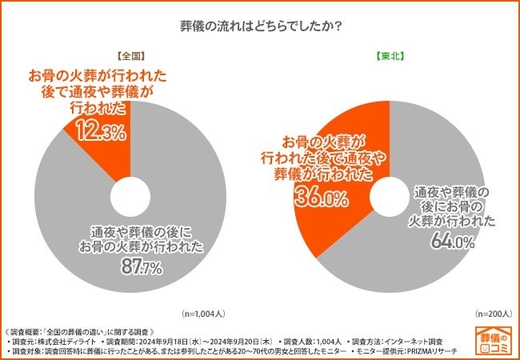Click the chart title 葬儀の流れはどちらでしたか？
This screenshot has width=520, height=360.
coord(261,26)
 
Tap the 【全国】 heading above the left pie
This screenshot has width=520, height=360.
coord(130,58)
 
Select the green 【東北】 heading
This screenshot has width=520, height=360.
coord(390,58)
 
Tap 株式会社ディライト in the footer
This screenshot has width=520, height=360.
coord(73,341)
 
